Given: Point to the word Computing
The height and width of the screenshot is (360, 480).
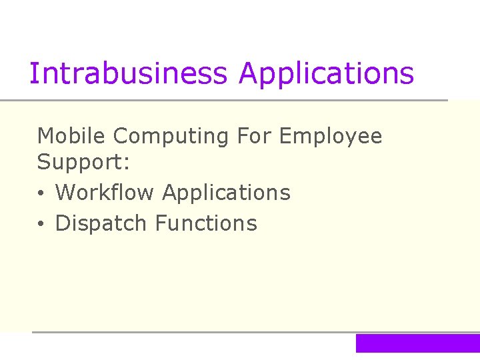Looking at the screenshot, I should click(171, 137).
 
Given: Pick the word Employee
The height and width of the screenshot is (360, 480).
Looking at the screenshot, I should click(331, 137).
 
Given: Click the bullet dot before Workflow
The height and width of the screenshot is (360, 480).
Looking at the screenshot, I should click(41, 194).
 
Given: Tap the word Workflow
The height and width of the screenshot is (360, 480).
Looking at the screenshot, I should click(105, 193).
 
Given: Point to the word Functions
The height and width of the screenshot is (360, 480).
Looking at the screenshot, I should click(206, 223).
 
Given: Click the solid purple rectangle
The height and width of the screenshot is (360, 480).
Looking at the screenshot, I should click(417, 343).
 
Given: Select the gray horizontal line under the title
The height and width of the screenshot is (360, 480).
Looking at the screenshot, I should click(224, 101).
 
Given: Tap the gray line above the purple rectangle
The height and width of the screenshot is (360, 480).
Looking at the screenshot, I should click(253, 332).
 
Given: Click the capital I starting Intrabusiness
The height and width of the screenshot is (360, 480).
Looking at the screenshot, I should click(33, 73).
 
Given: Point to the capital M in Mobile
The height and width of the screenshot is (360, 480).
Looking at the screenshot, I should click(45, 136).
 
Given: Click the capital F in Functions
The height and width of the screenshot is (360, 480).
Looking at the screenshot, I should click(160, 223).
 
